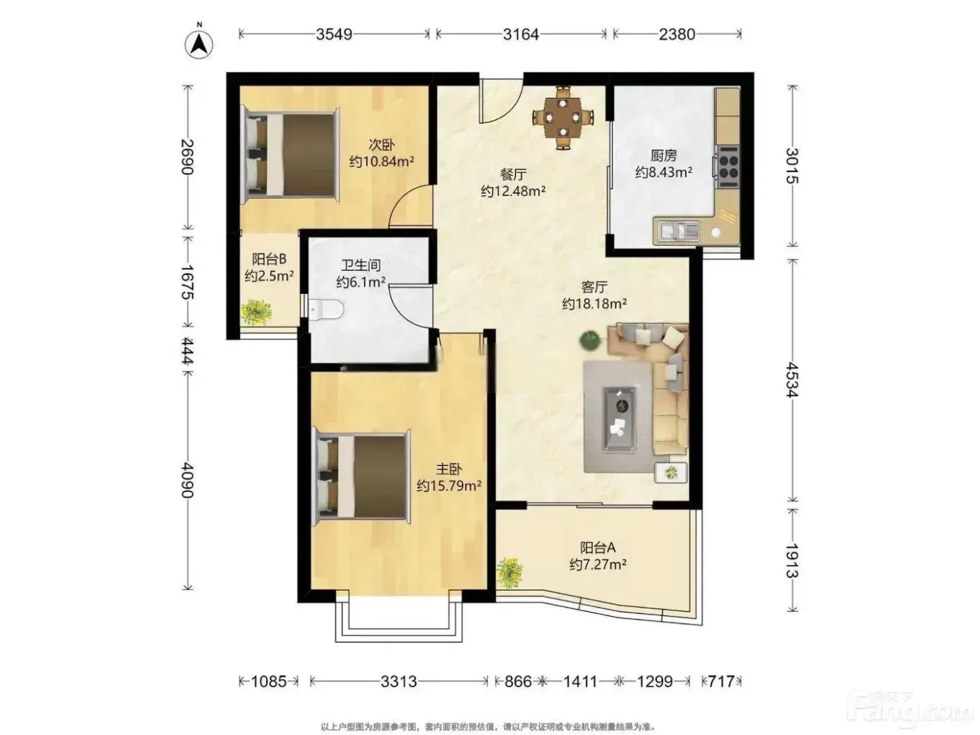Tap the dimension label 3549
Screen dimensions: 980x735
coord(334,34)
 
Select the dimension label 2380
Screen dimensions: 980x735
coord(677,34)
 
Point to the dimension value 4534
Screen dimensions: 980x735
coord(792,379)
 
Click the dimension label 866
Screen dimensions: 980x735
coord(518,681)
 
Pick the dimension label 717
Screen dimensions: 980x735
coord(721,681)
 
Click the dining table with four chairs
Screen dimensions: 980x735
coord(563,118)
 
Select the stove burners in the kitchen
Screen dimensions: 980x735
coord(728,167)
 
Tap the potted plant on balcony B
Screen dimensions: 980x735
coord(255,312)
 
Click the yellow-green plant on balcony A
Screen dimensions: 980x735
coord(510,573)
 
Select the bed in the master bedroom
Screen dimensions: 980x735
coord(363,477)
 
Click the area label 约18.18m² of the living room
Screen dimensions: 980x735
coord(594,304)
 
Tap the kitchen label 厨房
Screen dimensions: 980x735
coord(664,155)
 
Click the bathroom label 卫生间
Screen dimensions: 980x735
coord(360,265)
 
